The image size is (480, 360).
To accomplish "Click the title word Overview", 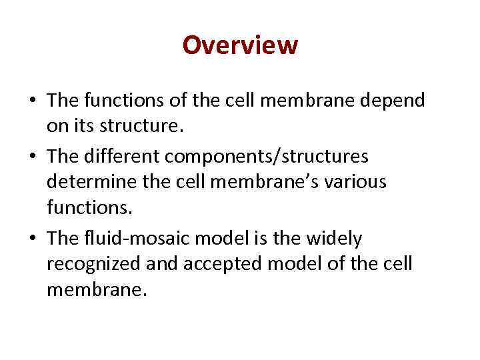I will (x=240, y=46).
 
